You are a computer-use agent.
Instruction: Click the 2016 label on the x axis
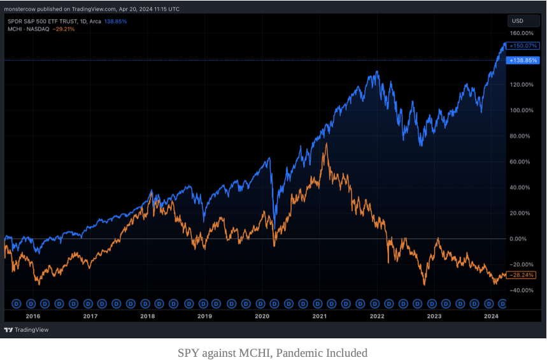click(32, 315)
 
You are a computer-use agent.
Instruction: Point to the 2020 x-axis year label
click(262, 315)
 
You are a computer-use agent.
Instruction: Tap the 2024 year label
click(491, 315)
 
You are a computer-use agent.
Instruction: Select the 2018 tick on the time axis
click(147, 315)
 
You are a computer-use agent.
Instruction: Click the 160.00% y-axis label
click(521, 33)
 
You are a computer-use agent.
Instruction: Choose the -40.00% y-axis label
click(521, 291)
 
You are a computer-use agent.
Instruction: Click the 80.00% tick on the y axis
click(522, 136)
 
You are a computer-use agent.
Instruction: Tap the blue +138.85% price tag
click(523, 60)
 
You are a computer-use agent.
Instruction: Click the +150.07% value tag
click(523, 46)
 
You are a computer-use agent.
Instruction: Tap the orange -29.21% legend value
click(64, 29)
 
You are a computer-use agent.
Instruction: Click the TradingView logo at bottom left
click(26, 330)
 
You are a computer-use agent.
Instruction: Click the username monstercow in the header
click(20, 10)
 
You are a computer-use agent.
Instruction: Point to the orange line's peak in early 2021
click(327, 144)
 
